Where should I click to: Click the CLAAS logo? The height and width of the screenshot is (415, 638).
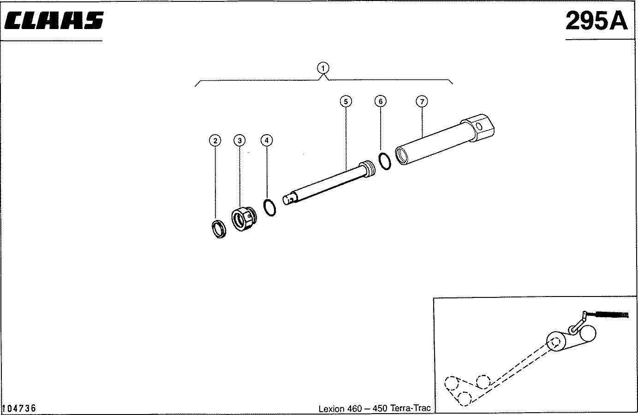pos(54,21)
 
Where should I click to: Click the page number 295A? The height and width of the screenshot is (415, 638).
pos(597,21)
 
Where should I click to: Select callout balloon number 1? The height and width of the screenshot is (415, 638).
pos(323,68)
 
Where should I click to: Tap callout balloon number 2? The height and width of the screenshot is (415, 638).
pos(215,140)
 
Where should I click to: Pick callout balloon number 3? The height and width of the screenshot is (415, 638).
pos(239,140)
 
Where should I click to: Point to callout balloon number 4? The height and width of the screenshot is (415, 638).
pos(267,140)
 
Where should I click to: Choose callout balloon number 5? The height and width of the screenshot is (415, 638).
pos(346,101)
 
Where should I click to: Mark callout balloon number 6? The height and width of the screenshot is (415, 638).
pos(380,101)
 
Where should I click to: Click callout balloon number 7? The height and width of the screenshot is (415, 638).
pos(422,101)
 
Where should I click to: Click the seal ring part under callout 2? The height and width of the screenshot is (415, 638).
pos(219,229)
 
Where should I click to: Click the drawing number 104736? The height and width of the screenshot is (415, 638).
pos(19,409)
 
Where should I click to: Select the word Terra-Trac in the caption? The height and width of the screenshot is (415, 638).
pos(410,409)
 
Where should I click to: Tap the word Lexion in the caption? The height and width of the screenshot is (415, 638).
pos(331,409)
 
